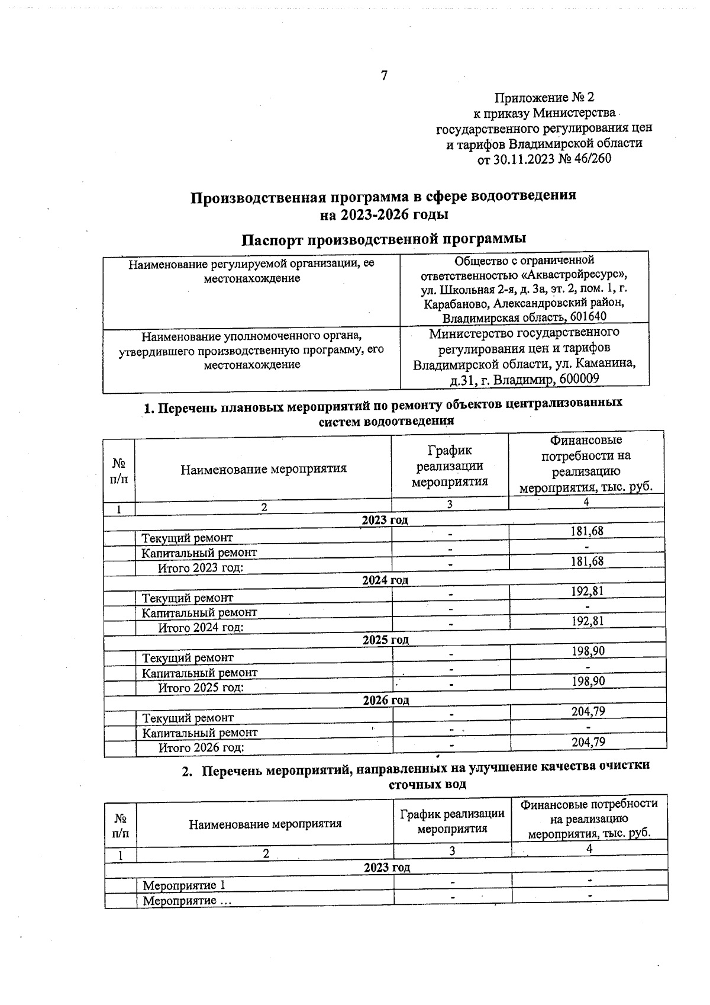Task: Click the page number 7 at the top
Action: pos(384,76)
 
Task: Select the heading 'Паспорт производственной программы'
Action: pos(384,239)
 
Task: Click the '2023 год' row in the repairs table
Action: pos(385,520)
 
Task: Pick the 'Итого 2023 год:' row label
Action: pos(201,567)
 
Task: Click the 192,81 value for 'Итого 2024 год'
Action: pos(587,621)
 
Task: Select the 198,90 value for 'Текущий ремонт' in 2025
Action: pos(588,651)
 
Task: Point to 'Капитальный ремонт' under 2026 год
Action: pos(199,733)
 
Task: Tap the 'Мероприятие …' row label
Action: pos(186,901)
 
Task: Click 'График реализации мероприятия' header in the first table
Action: pos(449,466)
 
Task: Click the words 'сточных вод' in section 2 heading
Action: pos(427,784)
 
